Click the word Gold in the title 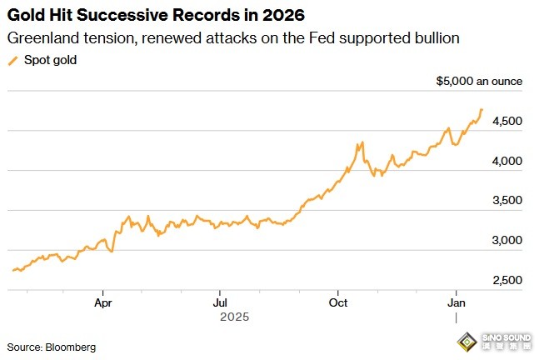click(26, 16)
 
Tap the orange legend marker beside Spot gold click(12, 60)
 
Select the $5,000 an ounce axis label click(479, 82)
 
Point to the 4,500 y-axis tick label click(507, 121)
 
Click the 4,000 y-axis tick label click(507, 161)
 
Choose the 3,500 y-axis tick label click(507, 200)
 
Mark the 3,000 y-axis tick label click(507, 240)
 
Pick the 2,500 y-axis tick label click(507, 280)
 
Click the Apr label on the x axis click(103, 302)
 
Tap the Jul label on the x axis click(220, 302)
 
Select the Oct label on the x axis click(338, 302)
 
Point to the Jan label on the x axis click(457, 302)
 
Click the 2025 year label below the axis click(235, 317)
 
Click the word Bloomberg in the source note click(72, 345)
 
